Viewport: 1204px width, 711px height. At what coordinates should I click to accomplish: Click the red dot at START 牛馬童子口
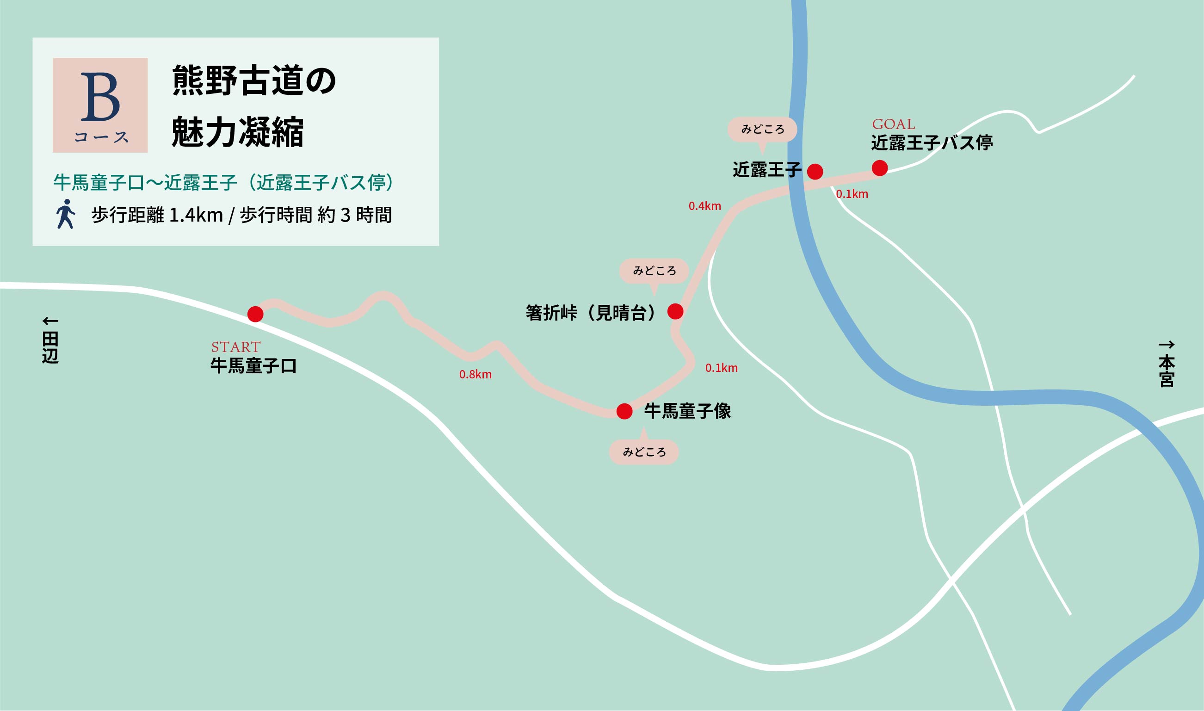point(255,314)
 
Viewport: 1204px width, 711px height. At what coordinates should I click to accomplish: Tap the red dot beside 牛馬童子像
point(624,412)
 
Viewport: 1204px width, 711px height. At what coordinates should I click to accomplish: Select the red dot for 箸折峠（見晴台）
point(675,312)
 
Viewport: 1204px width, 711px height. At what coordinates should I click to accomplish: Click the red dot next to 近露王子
point(815,172)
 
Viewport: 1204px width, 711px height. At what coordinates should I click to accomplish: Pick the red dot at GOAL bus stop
point(880,168)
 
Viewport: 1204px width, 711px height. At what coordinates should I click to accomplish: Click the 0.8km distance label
point(475,375)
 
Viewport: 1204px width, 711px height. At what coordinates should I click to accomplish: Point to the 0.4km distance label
point(704,206)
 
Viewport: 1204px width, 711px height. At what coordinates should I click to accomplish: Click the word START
point(235,347)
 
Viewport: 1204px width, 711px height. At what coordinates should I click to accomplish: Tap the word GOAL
point(894,124)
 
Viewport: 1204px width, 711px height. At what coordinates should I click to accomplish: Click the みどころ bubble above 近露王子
point(762,130)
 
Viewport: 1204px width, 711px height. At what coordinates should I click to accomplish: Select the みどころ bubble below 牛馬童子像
point(644,452)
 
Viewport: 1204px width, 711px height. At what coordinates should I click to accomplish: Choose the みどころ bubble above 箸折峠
point(654,271)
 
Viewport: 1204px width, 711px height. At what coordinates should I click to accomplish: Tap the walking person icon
point(66,214)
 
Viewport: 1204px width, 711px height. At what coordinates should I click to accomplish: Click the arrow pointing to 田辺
point(50,321)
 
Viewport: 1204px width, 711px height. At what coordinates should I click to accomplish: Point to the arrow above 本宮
point(1167,345)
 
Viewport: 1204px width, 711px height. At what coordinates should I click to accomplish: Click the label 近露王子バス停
point(932,143)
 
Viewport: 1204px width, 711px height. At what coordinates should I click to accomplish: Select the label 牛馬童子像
point(687,411)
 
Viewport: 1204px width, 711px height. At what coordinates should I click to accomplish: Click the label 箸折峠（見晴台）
point(593,313)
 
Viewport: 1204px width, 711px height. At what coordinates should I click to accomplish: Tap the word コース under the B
point(101,137)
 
